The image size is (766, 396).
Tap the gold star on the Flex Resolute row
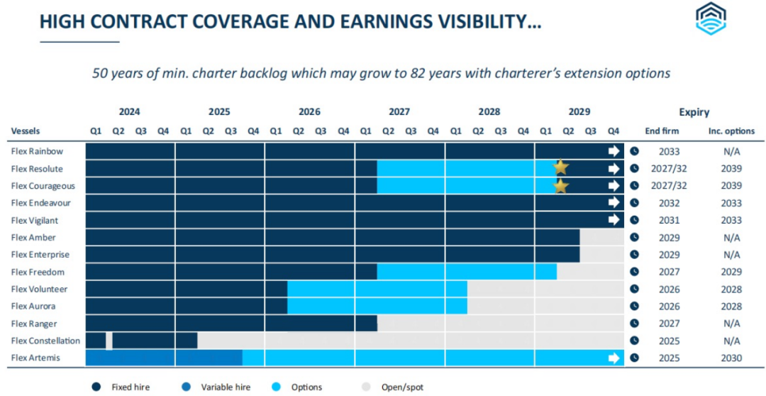click(x=561, y=167)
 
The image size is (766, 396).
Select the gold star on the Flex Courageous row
click(x=561, y=186)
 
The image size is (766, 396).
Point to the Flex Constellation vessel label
click(x=45, y=341)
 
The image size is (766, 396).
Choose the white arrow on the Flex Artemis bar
click(x=614, y=358)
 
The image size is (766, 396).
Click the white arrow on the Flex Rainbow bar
click(x=614, y=151)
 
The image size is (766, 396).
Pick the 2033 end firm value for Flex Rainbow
click(x=669, y=151)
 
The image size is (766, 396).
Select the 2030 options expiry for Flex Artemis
click(x=731, y=358)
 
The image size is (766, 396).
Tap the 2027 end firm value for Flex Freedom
click(x=669, y=272)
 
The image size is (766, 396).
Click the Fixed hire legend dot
click(x=95, y=387)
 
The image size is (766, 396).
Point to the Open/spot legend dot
click(x=366, y=387)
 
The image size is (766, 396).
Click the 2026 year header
click(x=309, y=112)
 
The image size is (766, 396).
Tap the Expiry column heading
click(x=694, y=112)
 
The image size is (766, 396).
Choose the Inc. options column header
click(x=731, y=131)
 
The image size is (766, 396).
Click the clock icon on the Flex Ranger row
click(x=635, y=324)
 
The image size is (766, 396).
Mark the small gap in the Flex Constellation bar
click(x=109, y=341)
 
